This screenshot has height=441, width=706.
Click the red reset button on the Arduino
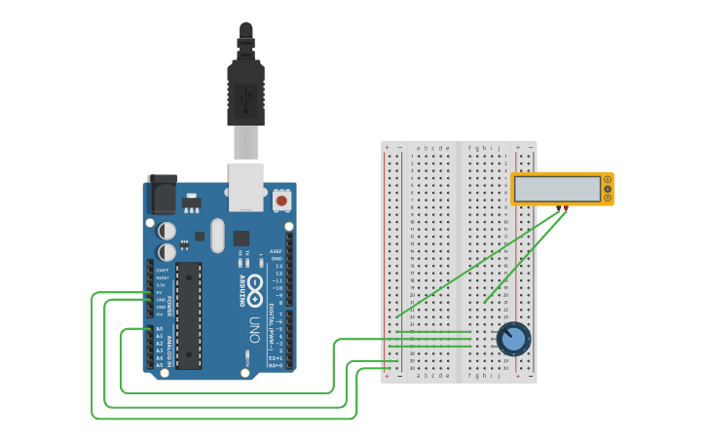tap(281, 201)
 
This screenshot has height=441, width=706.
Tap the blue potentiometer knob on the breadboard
tap(513, 339)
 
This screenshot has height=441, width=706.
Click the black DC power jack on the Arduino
tap(161, 195)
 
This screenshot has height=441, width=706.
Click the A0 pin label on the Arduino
tap(160, 329)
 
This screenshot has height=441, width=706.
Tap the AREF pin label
tap(276, 251)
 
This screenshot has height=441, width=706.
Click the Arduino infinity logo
tap(255, 287)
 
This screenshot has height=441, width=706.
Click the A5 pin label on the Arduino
tap(160, 365)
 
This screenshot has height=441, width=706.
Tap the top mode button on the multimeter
tap(608, 179)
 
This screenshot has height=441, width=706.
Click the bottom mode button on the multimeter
tap(608, 199)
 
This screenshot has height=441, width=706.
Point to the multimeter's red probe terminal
tap(565, 207)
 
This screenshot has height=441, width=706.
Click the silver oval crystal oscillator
tap(216, 235)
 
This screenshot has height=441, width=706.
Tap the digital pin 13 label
tap(279, 266)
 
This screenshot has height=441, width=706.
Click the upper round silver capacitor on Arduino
tap(167, 231)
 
